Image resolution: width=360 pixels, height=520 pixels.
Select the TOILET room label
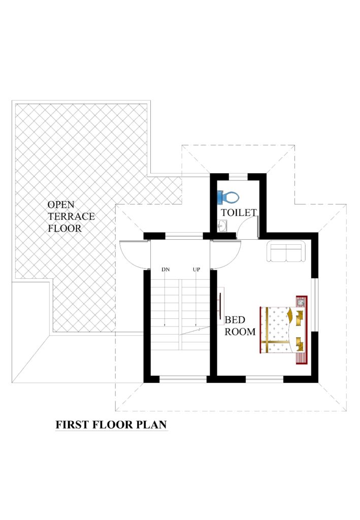[x=239, y=212]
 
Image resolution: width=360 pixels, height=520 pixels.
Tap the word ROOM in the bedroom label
[x=240, y=332]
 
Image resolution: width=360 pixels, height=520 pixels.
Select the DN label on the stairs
[x=165, y=269]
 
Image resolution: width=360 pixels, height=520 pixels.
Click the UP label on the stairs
[x=196, y=269]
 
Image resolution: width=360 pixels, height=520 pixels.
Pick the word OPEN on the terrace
[x=61, y=204]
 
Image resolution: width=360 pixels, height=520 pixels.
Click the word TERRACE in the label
[x=71, y=216]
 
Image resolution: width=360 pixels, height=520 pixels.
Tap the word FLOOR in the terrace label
[x=64, y=229]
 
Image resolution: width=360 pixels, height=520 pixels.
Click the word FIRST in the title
[x=73, y=425]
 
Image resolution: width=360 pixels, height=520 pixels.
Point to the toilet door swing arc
[x=249, y=223]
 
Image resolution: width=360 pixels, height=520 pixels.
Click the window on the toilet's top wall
[x=238, y=177]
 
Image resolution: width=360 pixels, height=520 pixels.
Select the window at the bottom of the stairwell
[x=183, y=379]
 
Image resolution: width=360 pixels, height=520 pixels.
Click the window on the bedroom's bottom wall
[x=265, y=379]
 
